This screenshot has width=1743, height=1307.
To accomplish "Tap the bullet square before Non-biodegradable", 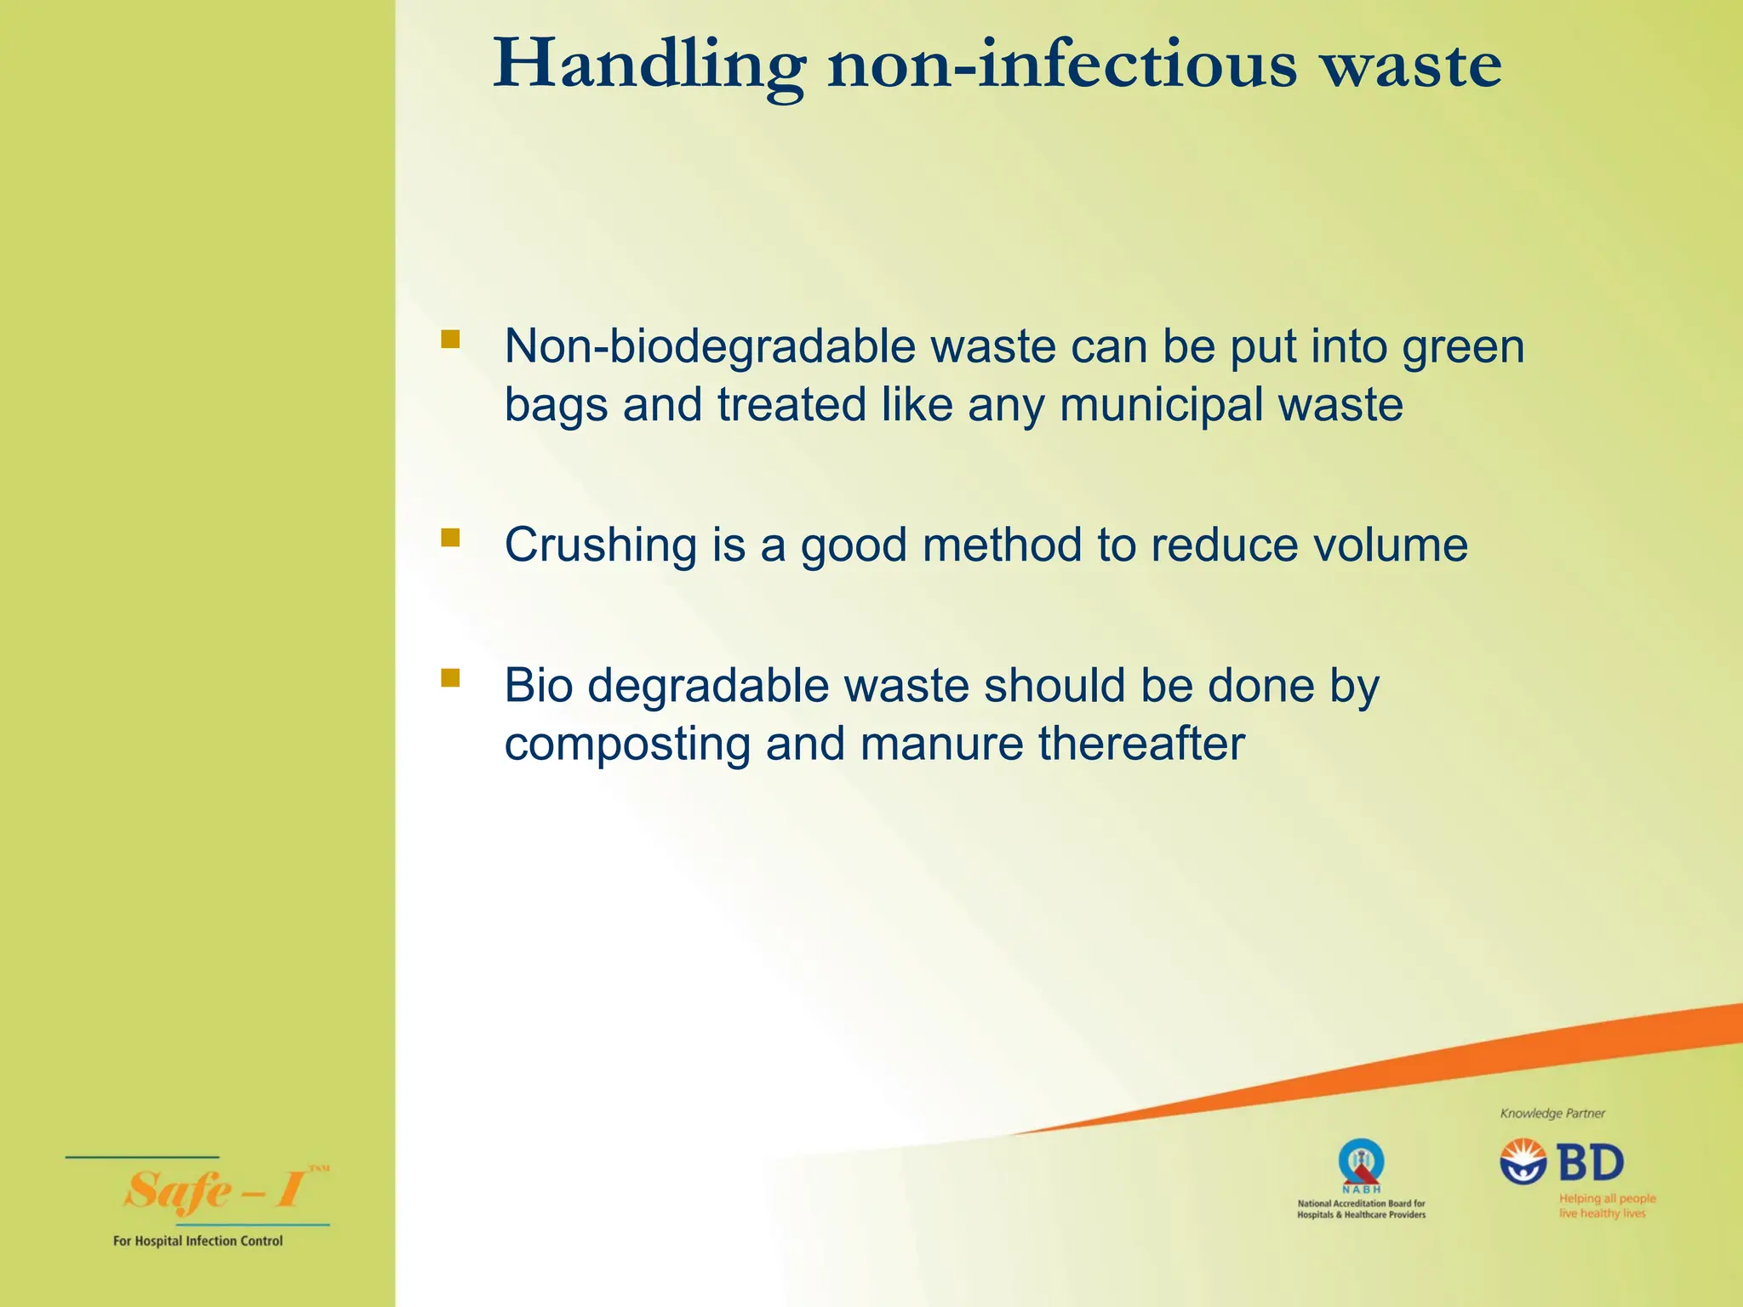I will [x=450, y=340].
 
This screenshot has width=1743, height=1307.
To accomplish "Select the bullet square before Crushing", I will [x=450, y=538].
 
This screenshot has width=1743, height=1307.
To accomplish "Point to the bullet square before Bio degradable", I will [x=450, y=678].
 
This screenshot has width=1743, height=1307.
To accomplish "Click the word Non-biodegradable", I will [x=709, y=347].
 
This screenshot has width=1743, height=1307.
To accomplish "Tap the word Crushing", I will [x=601, y=545].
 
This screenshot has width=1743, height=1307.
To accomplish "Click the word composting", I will [x=626, y=745].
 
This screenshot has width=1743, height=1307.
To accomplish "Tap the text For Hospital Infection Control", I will [x=197, y=1241].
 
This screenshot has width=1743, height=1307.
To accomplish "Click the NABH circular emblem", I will [x=1361, y=1161].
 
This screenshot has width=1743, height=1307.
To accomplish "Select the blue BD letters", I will [x=1591, y=1163].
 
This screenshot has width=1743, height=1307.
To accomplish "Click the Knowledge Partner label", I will [x=1552, y=1113].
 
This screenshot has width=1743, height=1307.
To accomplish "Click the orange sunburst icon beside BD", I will [x=1523, y=1161].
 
